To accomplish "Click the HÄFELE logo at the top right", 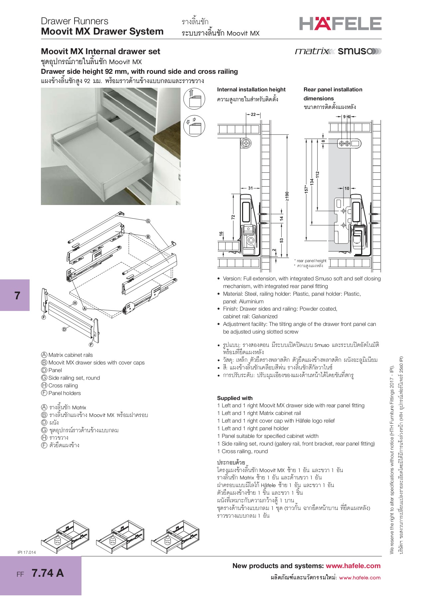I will coord(340,24).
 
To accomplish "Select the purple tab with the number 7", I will coord(15,295).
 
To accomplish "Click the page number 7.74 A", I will coord(48,573).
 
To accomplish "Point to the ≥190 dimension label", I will coord(287,196).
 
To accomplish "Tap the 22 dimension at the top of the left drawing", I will coord(253,114).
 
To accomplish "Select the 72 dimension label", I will coord(233,217).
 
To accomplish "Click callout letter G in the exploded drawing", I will coord(148,221).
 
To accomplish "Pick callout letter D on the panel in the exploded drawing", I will coord(64,329).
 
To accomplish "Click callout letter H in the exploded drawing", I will coord(75,303).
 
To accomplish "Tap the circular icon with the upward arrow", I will coord(194,99).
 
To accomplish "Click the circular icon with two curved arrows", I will coord(194,126).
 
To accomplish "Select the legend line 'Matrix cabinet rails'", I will coord(70,355).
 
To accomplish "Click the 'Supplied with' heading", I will coord(235,398).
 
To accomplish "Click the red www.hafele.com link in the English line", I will coord(353,566).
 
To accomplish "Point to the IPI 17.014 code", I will coord(27,552).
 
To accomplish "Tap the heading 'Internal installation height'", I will coord(251,89).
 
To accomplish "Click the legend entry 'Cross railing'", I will coord(63,385).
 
